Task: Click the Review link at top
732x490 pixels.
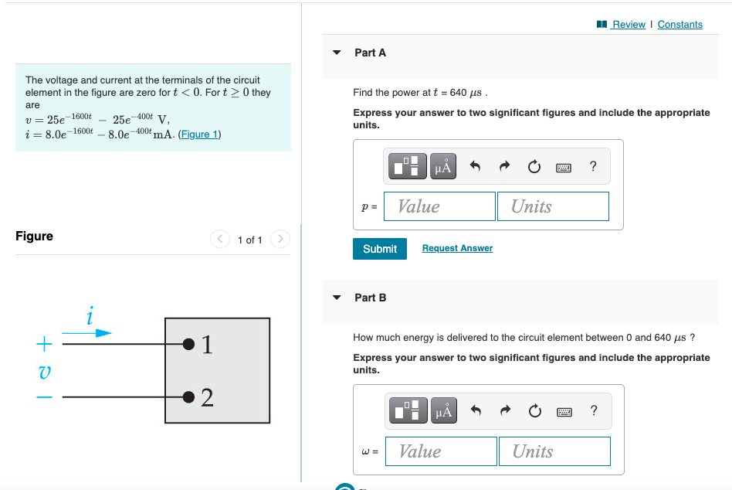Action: coord(628,25)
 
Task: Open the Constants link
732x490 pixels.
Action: coord(679,25)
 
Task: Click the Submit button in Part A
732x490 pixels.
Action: coord(379,249)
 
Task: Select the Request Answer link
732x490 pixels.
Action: coord(457,248)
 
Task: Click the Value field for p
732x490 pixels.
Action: coord(439,206)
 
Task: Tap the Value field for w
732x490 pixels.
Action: coord(441,451)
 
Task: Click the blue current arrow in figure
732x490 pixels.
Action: coord(86,333)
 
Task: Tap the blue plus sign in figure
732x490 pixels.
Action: coord(45,342)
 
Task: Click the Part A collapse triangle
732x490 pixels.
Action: coord(337,53)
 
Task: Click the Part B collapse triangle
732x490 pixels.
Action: coord(337,298)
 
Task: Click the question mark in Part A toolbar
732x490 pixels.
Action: coord(592,166)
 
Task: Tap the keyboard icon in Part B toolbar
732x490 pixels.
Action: coord(564,411)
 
